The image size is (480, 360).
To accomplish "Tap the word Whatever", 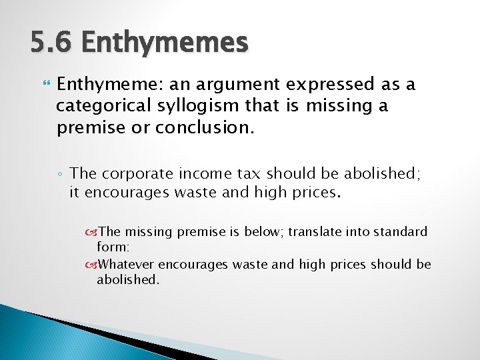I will point(127,265).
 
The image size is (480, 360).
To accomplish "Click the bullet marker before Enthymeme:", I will point(46,85).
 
